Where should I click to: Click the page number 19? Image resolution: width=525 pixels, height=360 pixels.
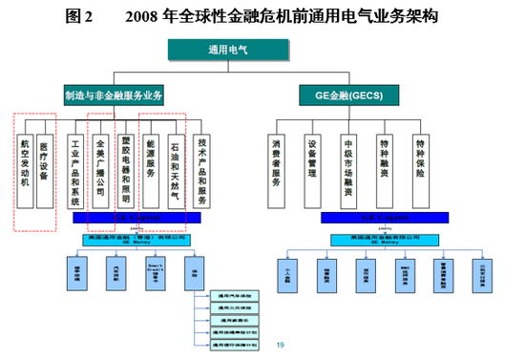point(281,345)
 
